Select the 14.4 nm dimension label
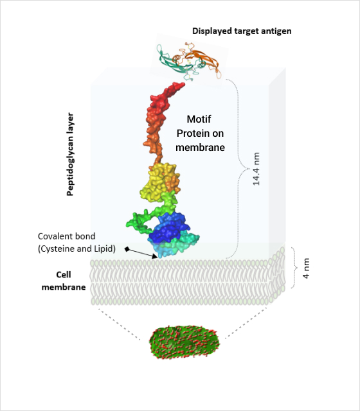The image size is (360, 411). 256,169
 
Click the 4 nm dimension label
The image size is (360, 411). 306,268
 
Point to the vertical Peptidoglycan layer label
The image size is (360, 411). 70,154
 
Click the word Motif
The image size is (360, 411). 199,119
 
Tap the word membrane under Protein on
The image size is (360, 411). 200,148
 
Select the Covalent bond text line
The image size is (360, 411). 67,236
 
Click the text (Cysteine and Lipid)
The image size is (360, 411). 77,249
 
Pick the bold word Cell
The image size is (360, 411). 64,275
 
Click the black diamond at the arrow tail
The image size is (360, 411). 127,249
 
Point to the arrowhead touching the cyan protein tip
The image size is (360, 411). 155,256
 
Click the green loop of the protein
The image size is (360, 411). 139,222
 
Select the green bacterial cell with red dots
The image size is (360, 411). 184,342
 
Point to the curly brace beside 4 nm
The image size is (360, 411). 295,268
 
